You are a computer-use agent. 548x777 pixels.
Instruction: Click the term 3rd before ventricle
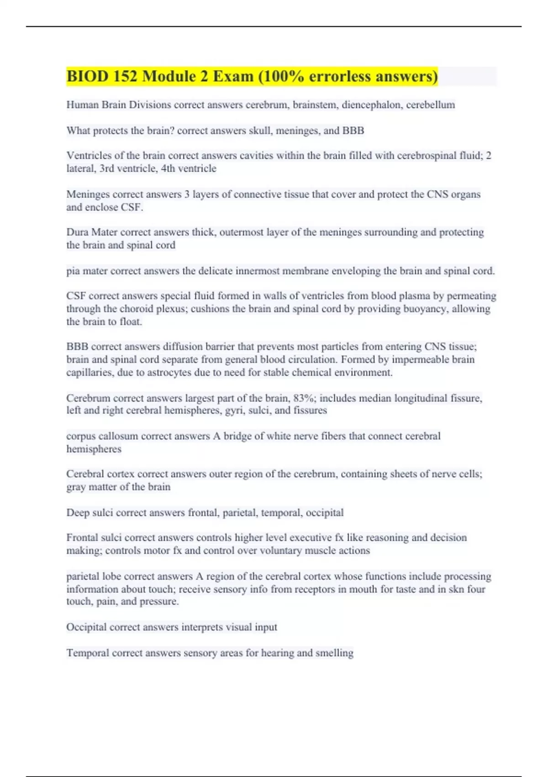[x=107, y=168]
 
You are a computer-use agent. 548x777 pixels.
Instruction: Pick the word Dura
[x=77, y=232]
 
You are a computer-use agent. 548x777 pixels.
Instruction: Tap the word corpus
[x=81, y=436]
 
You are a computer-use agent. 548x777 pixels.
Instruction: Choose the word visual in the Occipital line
[x=239, y=627]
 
